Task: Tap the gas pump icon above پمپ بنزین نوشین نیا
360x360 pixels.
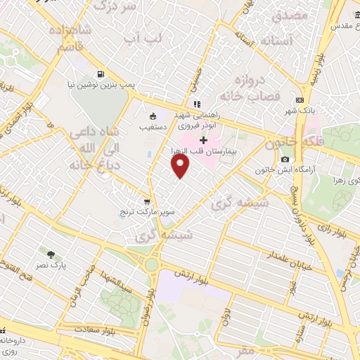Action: click(102, 74)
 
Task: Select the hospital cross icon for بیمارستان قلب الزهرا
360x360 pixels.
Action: click(204, 141)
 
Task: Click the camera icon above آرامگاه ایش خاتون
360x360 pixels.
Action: click(285, 160)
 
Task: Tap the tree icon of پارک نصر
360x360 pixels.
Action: click(51, 254)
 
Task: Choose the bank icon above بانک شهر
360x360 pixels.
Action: click(301, 100)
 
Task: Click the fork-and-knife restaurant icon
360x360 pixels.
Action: click(198, 105)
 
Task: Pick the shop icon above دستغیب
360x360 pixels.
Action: click(153, 117)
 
